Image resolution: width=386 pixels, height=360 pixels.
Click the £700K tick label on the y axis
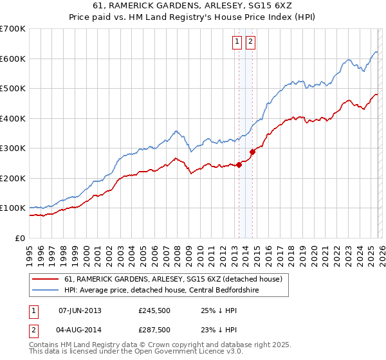tap(13, 29)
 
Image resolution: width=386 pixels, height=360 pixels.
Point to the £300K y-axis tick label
tap(13, 148)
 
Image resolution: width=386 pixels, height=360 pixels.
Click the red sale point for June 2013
tap(239, 165)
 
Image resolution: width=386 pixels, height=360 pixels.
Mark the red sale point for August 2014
tap(252, 152)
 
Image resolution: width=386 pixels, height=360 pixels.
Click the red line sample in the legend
tap(45, 280)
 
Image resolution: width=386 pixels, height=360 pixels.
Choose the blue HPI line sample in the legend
tap(45, 291)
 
